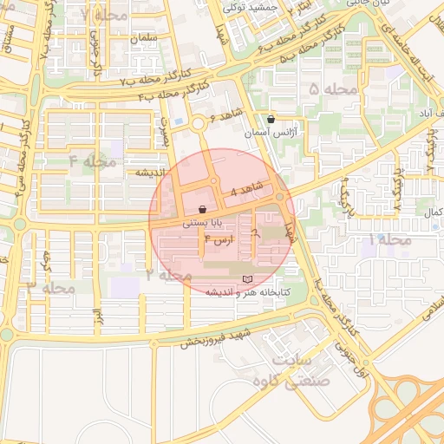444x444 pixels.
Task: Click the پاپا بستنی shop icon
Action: [202, 209]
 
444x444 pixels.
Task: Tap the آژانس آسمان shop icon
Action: [271, 120]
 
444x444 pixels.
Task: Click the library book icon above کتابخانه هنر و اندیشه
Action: [249, 279]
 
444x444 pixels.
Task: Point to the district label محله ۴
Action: [92, 161]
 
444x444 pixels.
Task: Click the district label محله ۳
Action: [51, 287]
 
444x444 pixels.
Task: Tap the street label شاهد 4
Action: [246, 190]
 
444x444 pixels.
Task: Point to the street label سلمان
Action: [143, 39]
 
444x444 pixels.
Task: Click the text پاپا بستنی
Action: [202, 223]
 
